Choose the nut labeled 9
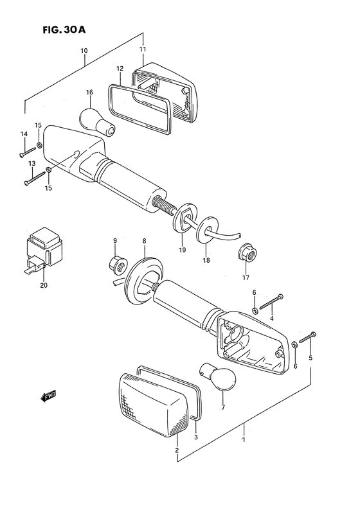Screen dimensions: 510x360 pos(117,261)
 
